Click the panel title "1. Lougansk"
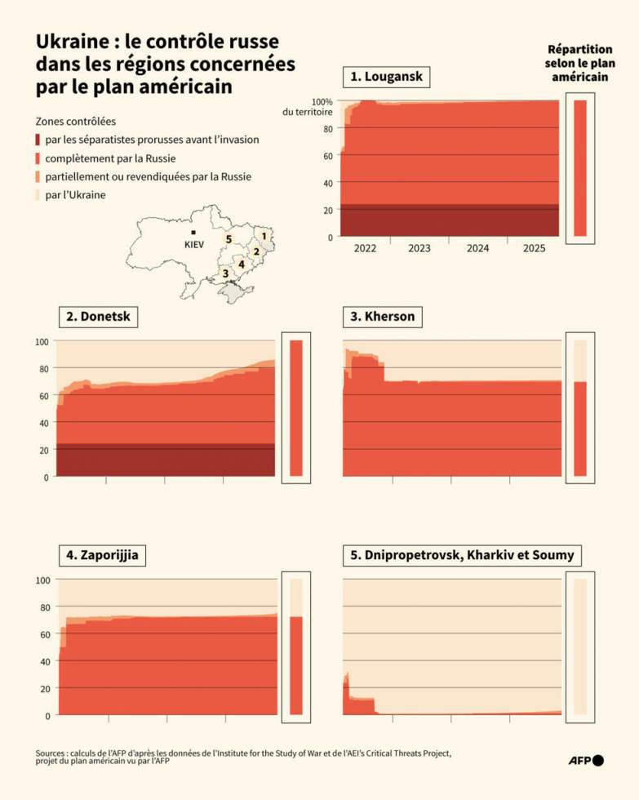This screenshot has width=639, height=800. click(387, 78)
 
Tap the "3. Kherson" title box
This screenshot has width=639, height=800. click(382, 317)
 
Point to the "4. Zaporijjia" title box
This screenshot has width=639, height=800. click(102, 556)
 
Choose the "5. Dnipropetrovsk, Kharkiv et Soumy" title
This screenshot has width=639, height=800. click(462, 556)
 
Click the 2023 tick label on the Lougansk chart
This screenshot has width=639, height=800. click(419, 248)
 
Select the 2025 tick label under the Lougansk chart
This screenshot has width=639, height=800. click(535, 248)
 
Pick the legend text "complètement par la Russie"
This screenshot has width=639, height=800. click(111, 158)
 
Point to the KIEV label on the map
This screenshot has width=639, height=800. click(193, 243)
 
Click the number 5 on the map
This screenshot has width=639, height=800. click(229, 239)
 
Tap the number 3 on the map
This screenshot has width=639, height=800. click(225, 273)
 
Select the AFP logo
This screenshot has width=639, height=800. click(586, 761)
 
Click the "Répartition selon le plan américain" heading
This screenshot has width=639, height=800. click(579, 63)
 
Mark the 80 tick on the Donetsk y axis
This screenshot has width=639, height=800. click(43, 368)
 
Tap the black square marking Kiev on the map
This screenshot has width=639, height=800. click(193, 233)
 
